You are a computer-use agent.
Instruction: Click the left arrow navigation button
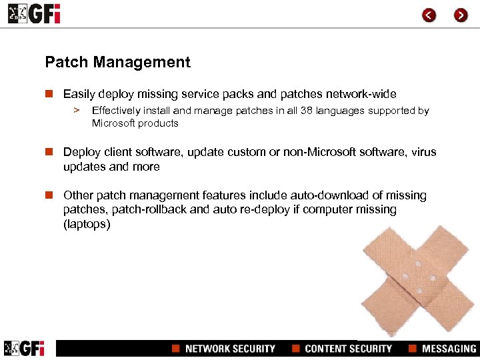point(429,15)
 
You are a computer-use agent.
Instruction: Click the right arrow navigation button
point(461,15)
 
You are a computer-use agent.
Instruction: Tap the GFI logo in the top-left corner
point(33,14)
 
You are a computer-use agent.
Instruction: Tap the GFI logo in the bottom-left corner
point(24,348)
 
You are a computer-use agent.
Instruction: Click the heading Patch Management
point(117,63)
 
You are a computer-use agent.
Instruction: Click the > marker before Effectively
point(77,111)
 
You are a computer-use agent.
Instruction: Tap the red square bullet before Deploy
point(49,152)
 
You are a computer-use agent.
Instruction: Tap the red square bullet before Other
point(49,195)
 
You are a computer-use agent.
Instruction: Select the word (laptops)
point(87,225)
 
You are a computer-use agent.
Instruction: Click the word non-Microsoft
point(317,152)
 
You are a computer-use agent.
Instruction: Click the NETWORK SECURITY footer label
point(230,349)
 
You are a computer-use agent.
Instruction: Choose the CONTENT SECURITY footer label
point(348,349)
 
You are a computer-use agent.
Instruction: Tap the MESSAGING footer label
point(449,349)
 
